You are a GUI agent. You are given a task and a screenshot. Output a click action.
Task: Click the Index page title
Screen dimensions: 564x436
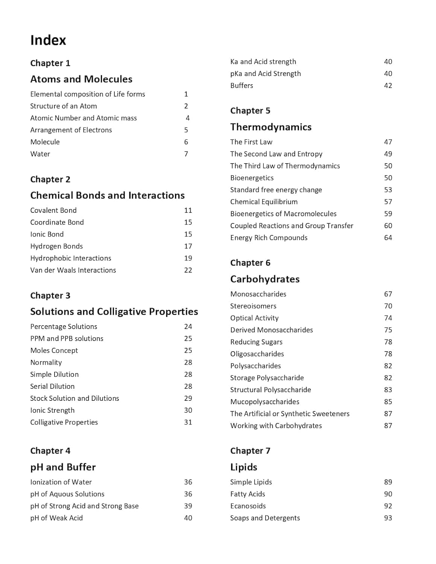tap(48, 40)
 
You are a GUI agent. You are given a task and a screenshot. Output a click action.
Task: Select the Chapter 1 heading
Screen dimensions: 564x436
tap(50, 63)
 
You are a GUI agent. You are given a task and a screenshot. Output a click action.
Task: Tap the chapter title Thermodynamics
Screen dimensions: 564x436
tap(271, 127)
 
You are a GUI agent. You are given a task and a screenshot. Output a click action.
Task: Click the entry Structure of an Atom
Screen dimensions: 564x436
tap(64, 106)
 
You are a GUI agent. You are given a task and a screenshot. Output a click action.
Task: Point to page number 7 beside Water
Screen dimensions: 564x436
tap(186, 154)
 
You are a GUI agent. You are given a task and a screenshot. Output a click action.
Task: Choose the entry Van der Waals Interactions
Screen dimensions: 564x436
tap(73, 270)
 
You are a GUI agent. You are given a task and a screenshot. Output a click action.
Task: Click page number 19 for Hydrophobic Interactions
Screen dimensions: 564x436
tap(188, 258)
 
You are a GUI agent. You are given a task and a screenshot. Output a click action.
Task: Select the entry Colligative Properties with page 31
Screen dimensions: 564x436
tap(64, 422)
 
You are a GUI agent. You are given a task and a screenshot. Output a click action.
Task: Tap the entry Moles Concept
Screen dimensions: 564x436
tap(54, 350)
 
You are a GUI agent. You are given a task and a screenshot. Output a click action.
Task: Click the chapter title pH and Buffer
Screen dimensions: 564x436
tap(63, 467)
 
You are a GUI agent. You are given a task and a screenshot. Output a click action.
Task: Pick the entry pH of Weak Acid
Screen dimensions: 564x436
tap(56, 518)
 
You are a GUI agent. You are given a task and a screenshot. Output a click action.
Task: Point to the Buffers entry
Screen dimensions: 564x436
tap(242, 86)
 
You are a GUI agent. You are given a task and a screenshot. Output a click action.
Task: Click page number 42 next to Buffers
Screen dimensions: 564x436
tap(388, 86)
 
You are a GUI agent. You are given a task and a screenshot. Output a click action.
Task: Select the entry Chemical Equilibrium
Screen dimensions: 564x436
tap(264, 202)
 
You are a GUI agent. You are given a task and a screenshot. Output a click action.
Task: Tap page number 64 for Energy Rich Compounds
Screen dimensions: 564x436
tap(388, 238)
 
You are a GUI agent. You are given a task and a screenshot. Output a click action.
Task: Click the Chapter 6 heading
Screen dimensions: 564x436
tap(250, 263)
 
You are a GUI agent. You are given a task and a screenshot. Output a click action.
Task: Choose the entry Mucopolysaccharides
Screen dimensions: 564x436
tap(265, 402)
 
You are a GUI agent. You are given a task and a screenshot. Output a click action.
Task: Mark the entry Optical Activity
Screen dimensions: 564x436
tap(254, 318)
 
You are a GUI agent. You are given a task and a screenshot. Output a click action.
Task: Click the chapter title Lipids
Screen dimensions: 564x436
tap(244, 467)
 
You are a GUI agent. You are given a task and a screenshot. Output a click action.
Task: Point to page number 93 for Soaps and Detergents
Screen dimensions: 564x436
tap(388, 518)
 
